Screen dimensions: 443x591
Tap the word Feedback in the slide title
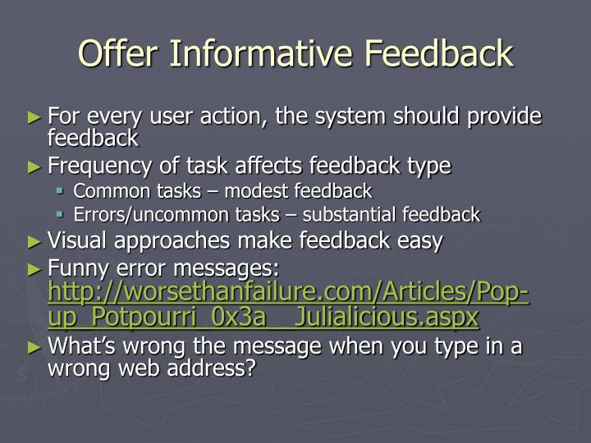tap(438, 53)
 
